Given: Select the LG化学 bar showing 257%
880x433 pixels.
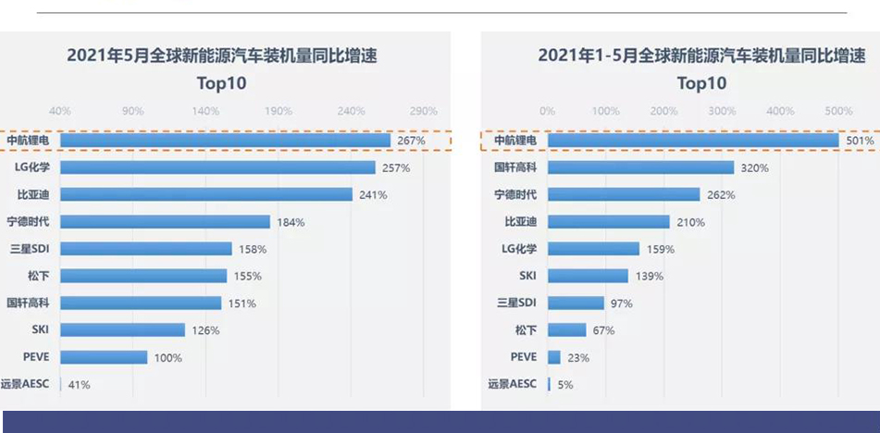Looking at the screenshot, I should tap(217, 167).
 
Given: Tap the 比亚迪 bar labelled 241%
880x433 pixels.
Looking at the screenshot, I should tap(206, 195).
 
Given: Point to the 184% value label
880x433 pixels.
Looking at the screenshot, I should tap(291, 222).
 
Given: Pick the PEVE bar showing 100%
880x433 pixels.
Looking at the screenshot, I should tap(104, 357).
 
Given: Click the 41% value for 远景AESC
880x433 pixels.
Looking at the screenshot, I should tap(78, 385).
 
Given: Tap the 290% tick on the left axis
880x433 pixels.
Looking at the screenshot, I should tap(423, 111).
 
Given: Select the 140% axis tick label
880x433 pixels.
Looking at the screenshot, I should tap(205, 111).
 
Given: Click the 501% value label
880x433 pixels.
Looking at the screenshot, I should tap(861, 142).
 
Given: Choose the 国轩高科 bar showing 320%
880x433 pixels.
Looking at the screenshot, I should tap(640, 167).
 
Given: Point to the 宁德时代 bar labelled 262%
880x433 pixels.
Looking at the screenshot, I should tap(624, 195).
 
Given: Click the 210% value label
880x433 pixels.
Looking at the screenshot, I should tap(690, 222).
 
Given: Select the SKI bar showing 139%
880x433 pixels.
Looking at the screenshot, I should tap(588, 276).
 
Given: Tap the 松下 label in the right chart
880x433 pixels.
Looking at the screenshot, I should tap(526, 329).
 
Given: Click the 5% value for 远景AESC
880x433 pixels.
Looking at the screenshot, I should tap(564, 385).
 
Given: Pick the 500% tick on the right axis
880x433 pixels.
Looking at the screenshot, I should tap(838, 111).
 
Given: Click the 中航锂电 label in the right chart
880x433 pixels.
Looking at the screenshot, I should tap(515, 141).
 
